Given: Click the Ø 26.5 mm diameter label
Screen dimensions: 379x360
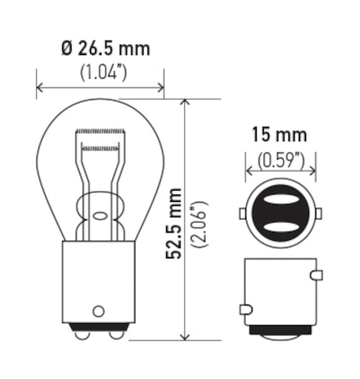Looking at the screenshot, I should (105, 49).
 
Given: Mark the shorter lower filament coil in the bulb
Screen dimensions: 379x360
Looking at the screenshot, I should (101, 147).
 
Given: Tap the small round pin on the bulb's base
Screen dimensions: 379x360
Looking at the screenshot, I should (98, 311).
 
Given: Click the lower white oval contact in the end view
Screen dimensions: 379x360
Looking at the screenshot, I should (280, 226).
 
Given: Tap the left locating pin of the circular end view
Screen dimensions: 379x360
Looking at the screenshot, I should (242, 213).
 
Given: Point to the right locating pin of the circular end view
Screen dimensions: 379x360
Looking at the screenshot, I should (319, 213).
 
